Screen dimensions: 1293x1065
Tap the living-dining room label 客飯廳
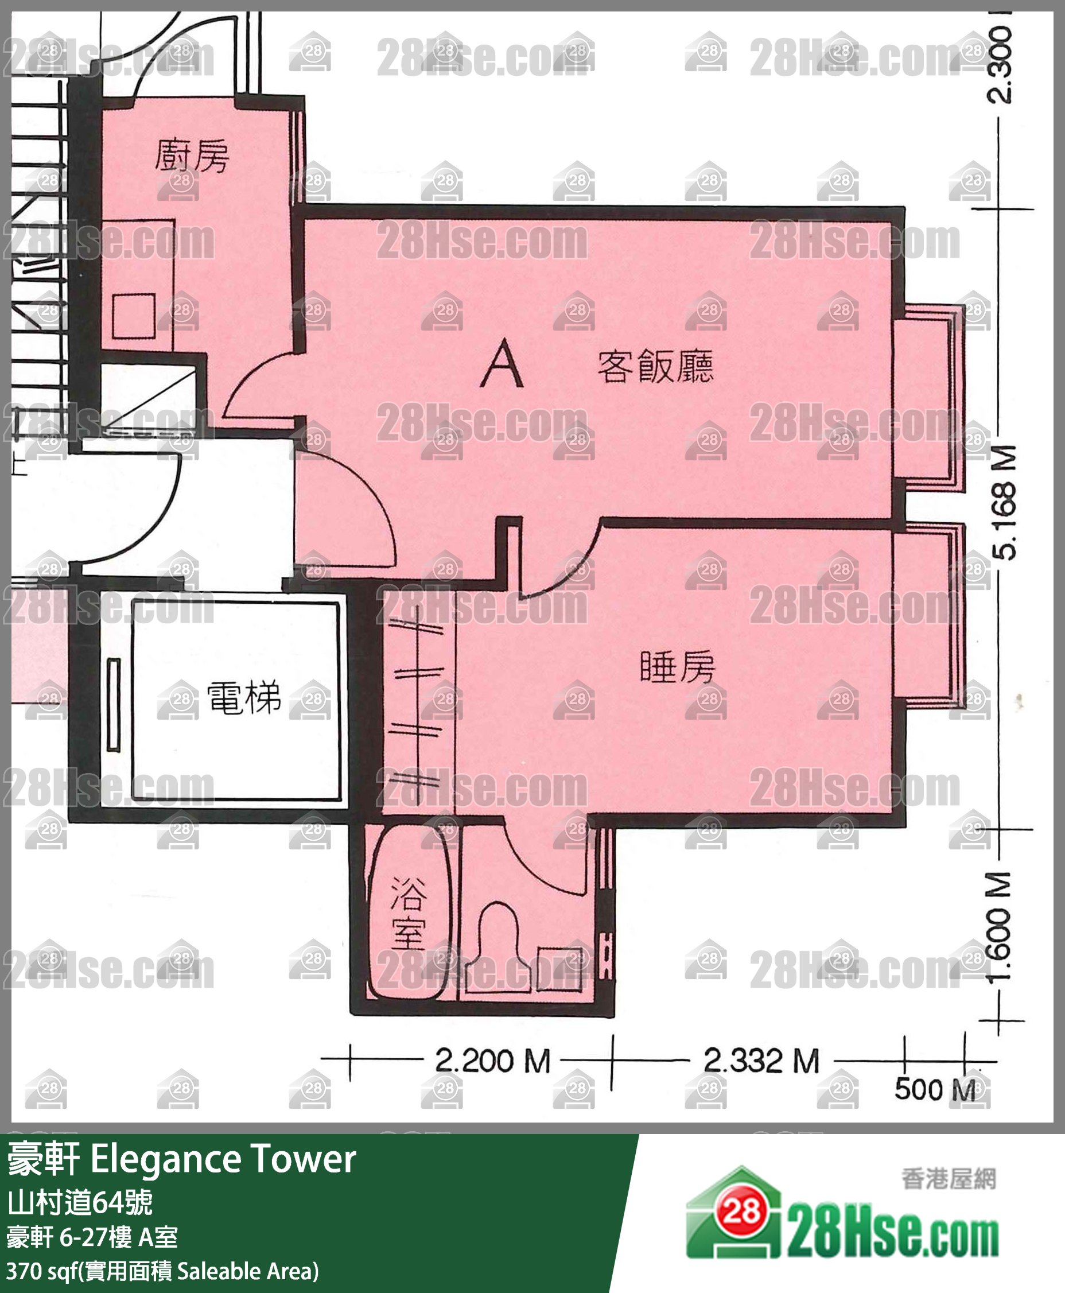coord(655,366)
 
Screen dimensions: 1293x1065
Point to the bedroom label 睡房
coord(677,667)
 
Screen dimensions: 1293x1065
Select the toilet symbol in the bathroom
coord(498,939)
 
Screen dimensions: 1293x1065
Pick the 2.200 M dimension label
coord(492,1061)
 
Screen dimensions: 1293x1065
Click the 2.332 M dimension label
coord(761,1061)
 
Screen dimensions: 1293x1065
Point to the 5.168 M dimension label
coord(1004,503)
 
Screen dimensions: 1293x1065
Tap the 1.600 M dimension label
coord(1001,927)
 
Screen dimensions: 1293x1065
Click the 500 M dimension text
coord(934,1089)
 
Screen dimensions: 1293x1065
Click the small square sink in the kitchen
coord(133,316)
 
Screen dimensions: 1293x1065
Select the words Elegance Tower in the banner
coord(223,1159)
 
